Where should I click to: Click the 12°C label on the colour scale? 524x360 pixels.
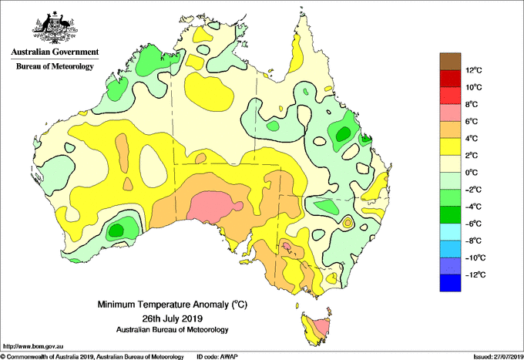click(x=474, y=70)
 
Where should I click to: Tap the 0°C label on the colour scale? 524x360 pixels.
click(x=472, y=173)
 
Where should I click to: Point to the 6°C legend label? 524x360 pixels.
click(x=472, y=121)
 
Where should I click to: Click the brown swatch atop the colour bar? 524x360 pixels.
click(x=450, y=62)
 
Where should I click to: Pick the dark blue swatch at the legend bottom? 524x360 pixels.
click(x=450, y=283)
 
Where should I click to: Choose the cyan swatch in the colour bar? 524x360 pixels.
click(x=450, y=232)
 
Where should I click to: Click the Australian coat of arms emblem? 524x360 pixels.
click(x=55, y=28)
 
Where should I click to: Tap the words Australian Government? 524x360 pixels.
click(x=55, y=52)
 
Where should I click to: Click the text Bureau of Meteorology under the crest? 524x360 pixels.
click(x=55, y=66)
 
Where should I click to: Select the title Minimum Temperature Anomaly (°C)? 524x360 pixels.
click(x=172, y=304)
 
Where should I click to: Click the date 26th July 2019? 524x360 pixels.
click(x=172, y=318)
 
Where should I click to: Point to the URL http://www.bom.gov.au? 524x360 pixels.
click(x=33, y=347)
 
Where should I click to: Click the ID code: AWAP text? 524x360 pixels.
click(x=217, y=357)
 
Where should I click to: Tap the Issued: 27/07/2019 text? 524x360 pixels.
click(x=499, y=357)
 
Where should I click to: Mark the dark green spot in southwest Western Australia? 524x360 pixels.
click(x=116, y=230)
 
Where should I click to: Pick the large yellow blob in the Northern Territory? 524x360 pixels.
click(x=209, y=92)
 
